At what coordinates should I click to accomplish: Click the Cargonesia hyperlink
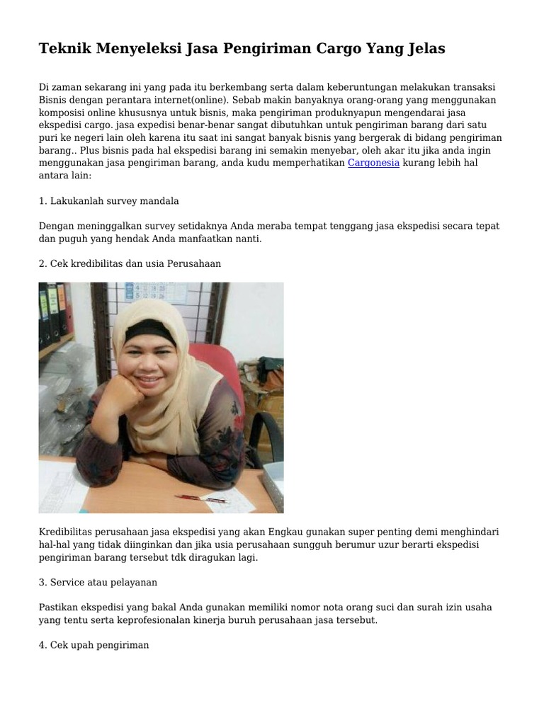pos(373,163)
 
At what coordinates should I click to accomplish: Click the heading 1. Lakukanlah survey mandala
pos(109,201)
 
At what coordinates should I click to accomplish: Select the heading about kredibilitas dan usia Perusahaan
pos(130,263)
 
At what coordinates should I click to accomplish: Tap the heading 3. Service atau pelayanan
pos(98,582)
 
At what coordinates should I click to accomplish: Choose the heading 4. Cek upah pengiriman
pos(94,646)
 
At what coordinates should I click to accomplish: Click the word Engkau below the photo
pos(288,532)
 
